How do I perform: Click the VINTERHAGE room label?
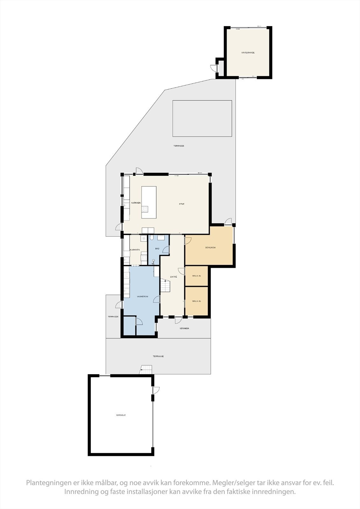248,52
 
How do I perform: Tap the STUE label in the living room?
181,204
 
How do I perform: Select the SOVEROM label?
210,248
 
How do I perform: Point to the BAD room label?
157,248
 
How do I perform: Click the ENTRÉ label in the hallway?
173,277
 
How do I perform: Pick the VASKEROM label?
142,296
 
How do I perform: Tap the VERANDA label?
184,328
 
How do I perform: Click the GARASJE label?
121,415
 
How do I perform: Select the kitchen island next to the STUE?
149,202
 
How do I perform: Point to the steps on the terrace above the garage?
146,370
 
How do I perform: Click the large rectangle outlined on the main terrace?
202,118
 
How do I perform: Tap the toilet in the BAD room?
152,238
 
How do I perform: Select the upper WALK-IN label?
196,276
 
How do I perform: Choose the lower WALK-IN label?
196,301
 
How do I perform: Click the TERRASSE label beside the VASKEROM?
113,317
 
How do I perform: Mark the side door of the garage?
155,390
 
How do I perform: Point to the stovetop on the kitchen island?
145,209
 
